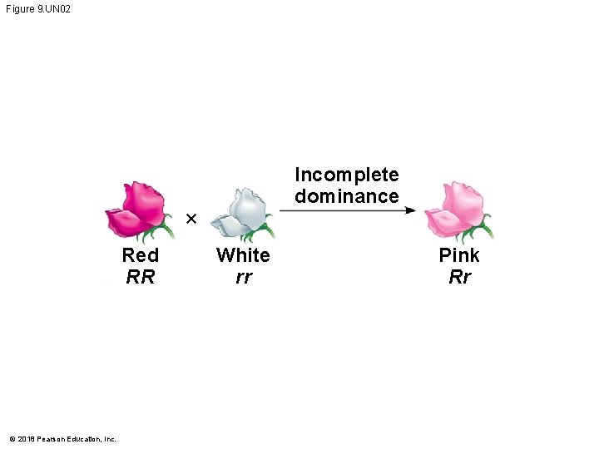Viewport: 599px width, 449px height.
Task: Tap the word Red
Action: pyautogui.click(x=140, y=254)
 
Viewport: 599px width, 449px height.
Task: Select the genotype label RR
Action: pyautogui.click(x=140, y=277)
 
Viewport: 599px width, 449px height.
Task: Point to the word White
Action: pyautogui.click(x=243, y=254)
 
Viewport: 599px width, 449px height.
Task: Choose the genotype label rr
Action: pyautogui.click(x=243, y=278)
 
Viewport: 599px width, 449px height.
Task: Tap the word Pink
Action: pyautogui.click(x=459, y=254)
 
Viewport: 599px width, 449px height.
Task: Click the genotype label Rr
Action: pyautogui.click(x=459, y=277)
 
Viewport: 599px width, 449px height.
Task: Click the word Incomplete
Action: pyautogui.click(x=347, y=175)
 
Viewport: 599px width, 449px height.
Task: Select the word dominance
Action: pyautogui.click(x=347, y=196)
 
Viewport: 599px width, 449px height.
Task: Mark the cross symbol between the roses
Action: pyautogui.click(x=191, y=219)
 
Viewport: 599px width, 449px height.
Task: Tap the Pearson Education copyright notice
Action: pyautogui.click(x=62, y=438)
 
